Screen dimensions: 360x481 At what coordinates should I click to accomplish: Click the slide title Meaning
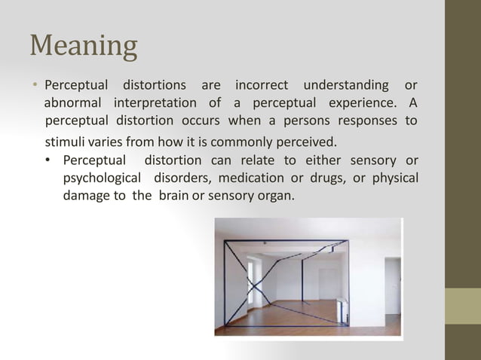84,46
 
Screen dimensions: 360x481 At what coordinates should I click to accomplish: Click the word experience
360,102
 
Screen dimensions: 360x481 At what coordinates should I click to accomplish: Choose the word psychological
103,178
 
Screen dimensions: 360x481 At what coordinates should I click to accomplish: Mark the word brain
175,197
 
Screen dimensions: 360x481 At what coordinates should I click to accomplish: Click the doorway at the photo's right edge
392,286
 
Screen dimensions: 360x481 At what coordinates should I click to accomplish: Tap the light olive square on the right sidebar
462,306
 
